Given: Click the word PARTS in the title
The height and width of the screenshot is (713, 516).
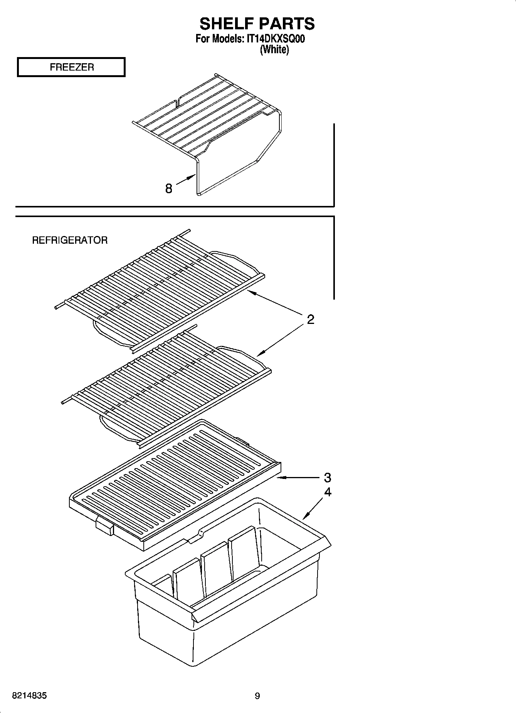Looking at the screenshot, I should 286,24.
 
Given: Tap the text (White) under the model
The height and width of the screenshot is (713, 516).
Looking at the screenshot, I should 274,49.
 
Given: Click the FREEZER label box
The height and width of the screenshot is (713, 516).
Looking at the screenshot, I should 71,67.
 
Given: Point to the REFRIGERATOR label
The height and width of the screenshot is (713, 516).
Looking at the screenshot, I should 70,240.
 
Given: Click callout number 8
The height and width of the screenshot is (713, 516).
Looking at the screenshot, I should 168,189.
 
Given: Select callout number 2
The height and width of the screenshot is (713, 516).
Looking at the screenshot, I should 311,319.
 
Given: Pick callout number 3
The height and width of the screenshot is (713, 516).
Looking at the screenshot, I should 327,478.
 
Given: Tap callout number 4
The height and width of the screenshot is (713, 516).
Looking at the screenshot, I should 327,492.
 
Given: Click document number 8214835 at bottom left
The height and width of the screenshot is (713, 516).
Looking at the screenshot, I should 30,696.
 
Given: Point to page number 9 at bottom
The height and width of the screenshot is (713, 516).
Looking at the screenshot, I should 257,696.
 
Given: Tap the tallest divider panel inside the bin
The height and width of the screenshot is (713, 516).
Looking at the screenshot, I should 243,552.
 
